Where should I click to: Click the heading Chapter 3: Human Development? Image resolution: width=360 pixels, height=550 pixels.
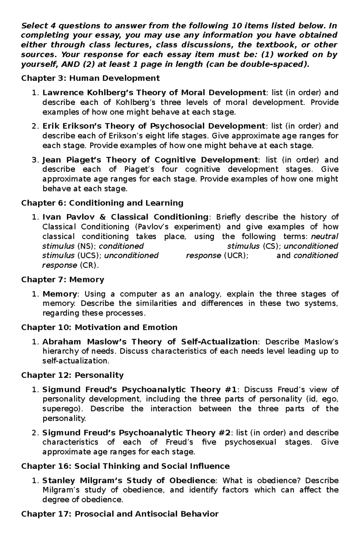coord(90,79)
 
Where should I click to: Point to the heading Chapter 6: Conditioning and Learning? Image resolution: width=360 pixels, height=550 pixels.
coord(102,203)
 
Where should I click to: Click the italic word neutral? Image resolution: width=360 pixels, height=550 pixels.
coord(325,236)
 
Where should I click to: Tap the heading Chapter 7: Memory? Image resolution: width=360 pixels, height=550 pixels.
coord(62,280)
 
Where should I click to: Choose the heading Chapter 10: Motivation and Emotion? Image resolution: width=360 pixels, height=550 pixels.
coord(99,327)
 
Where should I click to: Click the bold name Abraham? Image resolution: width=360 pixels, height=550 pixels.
coord(61,342)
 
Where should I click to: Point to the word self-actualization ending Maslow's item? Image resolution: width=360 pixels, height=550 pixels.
coord(75,361)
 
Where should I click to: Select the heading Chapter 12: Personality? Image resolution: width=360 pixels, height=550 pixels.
coord(72,375)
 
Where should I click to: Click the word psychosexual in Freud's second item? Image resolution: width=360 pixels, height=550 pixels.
coord(250,442)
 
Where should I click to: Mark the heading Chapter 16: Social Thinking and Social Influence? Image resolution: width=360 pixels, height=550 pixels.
coord(125,466)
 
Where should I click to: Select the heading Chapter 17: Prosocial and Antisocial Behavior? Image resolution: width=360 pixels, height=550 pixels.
coord(120,514)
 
